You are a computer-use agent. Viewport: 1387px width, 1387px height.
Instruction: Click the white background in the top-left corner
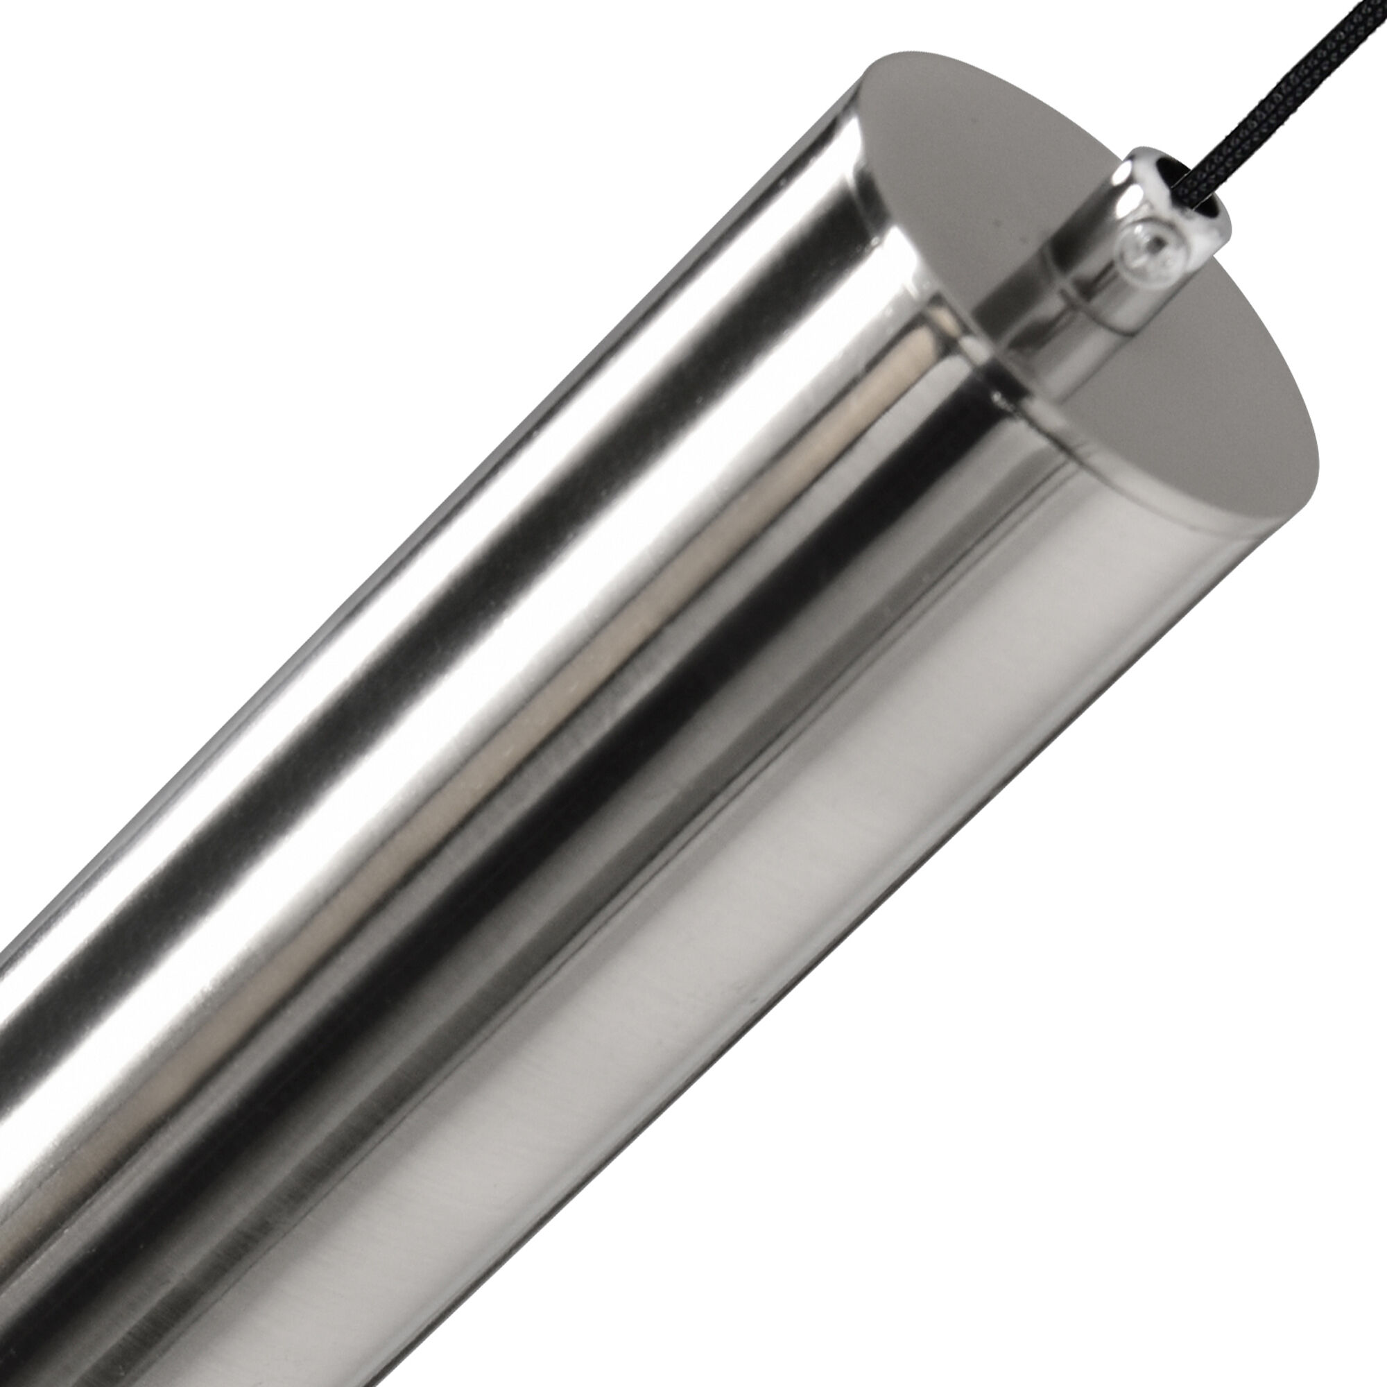pyautogui.click(x=107, y=107)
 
